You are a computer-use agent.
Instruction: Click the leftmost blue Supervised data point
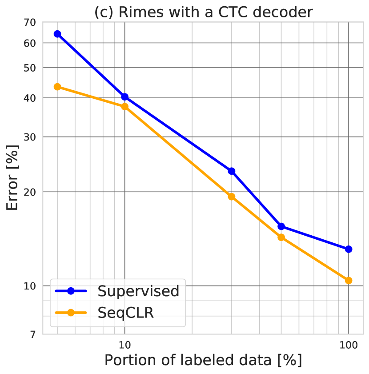click(x=57, y=34)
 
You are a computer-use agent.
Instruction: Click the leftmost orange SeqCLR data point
click(x=57, y=87)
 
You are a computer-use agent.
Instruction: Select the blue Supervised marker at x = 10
click(x=125, y=97)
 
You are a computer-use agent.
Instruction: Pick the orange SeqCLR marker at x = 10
click(x=125, y=106)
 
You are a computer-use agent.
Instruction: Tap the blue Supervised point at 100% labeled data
click(x=349, y=249)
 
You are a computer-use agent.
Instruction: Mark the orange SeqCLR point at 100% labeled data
click(x=349, y=280)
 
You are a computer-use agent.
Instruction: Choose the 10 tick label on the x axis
click(x=125, y=345)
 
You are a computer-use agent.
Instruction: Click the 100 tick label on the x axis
click(x=349, y=345)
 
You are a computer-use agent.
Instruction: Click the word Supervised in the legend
click(x=138, y=291)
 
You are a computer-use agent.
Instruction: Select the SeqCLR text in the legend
click(x=125, y=313)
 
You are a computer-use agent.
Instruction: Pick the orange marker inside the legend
click(x=70, y=313)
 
